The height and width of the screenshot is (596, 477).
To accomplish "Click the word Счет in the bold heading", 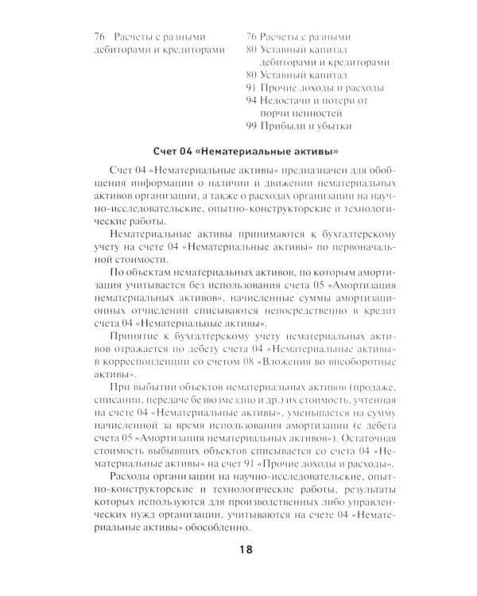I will pos(165,151).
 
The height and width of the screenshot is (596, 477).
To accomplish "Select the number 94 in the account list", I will pos(252,100).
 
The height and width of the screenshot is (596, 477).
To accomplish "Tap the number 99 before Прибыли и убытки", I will pos(252,126).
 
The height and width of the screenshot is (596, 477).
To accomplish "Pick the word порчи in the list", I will pos(272,113).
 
